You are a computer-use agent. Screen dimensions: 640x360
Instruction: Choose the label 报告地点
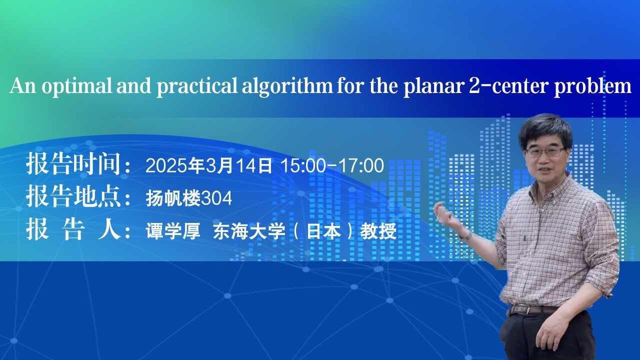(x=73, y=196)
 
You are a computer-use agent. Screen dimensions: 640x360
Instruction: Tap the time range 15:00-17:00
(x=332, y=165)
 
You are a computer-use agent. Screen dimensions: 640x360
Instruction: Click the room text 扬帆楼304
(x=188, y=198)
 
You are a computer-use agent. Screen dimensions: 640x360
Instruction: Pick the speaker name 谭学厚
(x=173, y=231)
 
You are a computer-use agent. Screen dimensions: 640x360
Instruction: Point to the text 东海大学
(x=249, y=231)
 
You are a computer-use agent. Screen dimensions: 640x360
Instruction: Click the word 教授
(x=378, y=231)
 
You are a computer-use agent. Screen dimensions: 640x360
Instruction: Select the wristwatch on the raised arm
(x=468, y=235)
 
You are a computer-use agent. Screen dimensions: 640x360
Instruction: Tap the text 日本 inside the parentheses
(x=323, y=231)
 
